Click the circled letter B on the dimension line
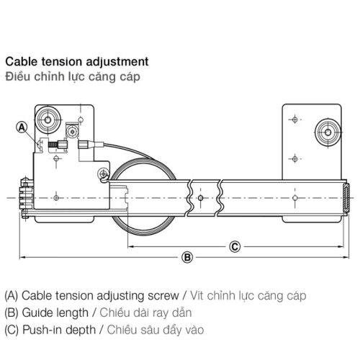pos(186,257)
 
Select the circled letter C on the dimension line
pos(234,246)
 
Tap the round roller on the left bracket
pos(51,117)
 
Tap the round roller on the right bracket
pos(326,130)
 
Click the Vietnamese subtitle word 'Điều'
pos(17,76)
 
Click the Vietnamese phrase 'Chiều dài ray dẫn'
pos(140,313)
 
